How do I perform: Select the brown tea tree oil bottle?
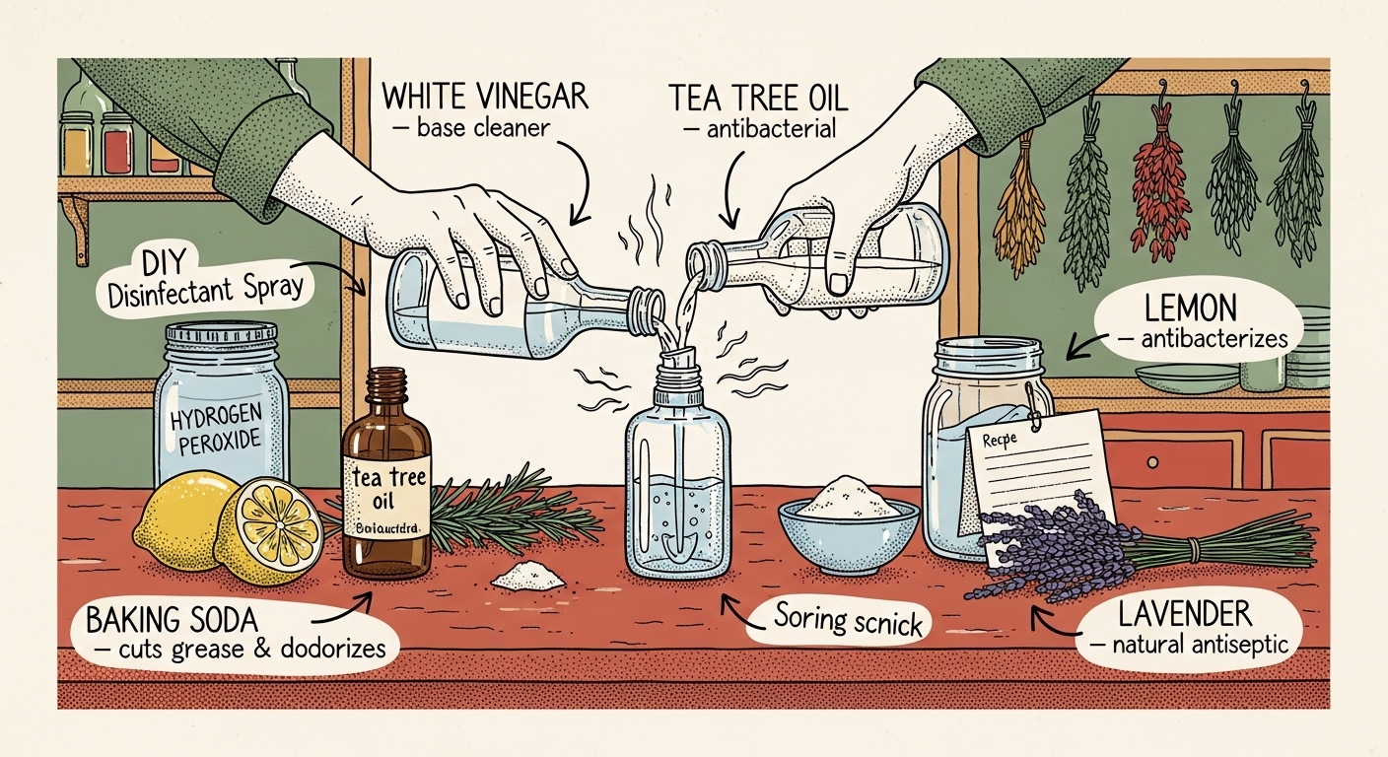386,483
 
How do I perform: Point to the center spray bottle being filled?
679,483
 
